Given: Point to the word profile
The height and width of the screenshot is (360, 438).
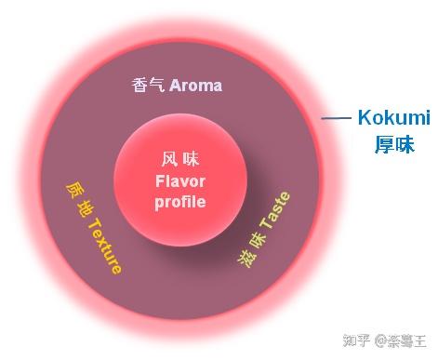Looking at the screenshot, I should coord(179,200).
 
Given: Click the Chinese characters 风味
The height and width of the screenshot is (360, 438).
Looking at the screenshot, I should coord(179,159).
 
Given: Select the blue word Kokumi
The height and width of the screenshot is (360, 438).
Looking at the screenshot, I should coord(393,119).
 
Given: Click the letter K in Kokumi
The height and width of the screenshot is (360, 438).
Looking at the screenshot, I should coord(365,119).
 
